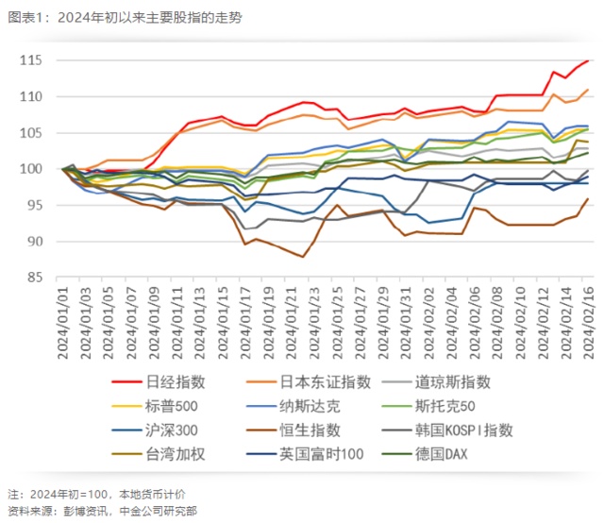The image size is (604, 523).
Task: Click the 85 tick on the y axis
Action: click(x=35, y=278)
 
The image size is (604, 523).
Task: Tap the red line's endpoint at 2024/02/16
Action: click(x=588, y=60)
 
